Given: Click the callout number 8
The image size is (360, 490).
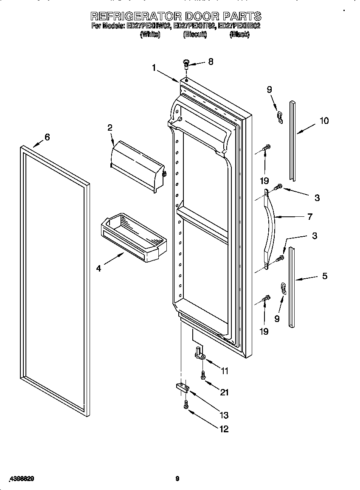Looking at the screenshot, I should [x=211, y=62].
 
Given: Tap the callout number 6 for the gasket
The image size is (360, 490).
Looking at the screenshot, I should [x=47, y=137].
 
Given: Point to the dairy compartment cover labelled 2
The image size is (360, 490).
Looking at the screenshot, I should [x=137, y=168].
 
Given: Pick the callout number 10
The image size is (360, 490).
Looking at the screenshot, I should [x=324, y=121].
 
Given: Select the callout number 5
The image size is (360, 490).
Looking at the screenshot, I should [x=325, y=276].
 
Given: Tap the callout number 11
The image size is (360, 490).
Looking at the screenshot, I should [x=225, y=371].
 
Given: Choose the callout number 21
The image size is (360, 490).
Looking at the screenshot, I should [x=224, y=392].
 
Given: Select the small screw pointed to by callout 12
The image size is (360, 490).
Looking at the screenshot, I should [x=186, y=406].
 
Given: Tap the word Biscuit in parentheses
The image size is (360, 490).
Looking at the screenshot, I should [x=195, y=35].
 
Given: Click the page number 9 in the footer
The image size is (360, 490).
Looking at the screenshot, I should [x=178, y=479].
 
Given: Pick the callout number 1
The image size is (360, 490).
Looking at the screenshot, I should [x=155, y=67].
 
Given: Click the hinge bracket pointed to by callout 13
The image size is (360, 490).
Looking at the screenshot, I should [x=181, y=387].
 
